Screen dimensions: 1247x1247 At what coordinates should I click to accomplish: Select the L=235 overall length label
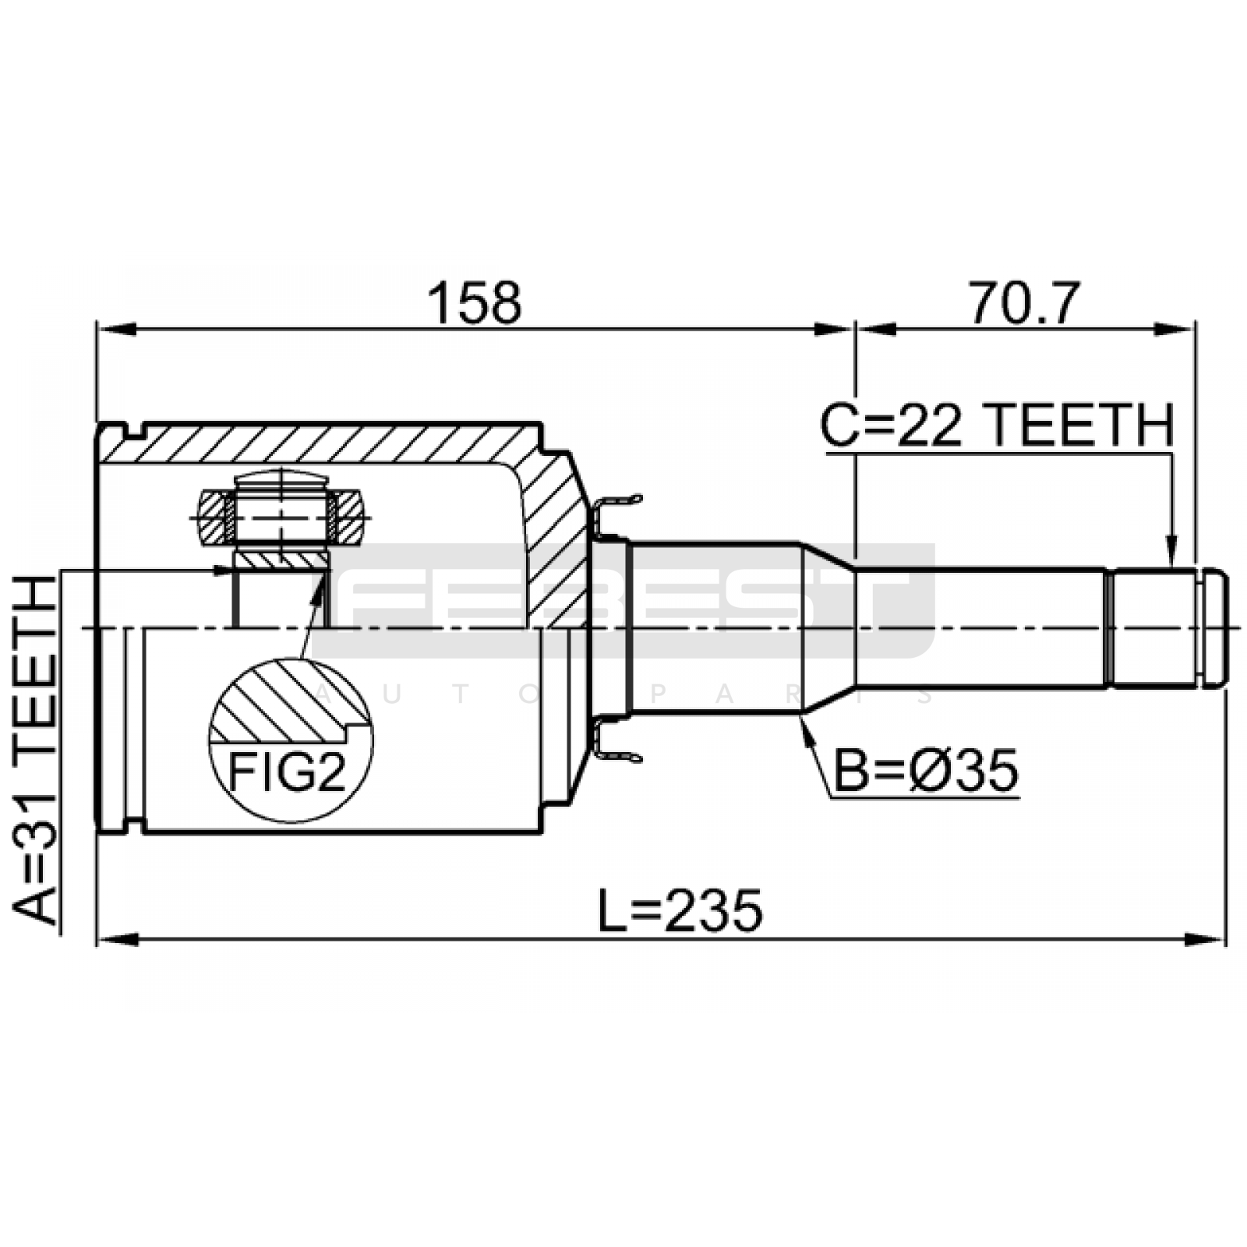pos(680,911)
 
